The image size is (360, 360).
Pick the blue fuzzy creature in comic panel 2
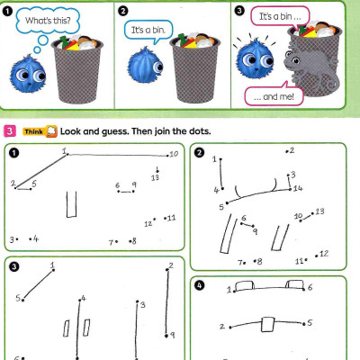(x=144, y=66)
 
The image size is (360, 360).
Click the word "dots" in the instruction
(x=198, y=131)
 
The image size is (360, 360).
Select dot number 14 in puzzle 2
(x=289, y=188)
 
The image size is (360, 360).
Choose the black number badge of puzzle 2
(x=201, y=151)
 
